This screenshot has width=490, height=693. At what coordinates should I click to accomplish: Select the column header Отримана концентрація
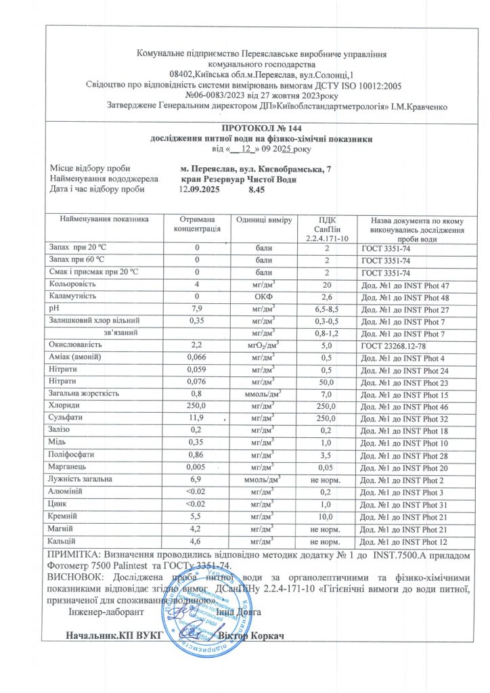[x=197, y=225]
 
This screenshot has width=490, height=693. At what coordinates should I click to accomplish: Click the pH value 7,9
[x=197, y=308]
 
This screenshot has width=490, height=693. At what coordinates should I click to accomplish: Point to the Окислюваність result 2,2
[x=197, y=344]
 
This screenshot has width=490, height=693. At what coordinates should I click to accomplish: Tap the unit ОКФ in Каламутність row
[x=263, y=296]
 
